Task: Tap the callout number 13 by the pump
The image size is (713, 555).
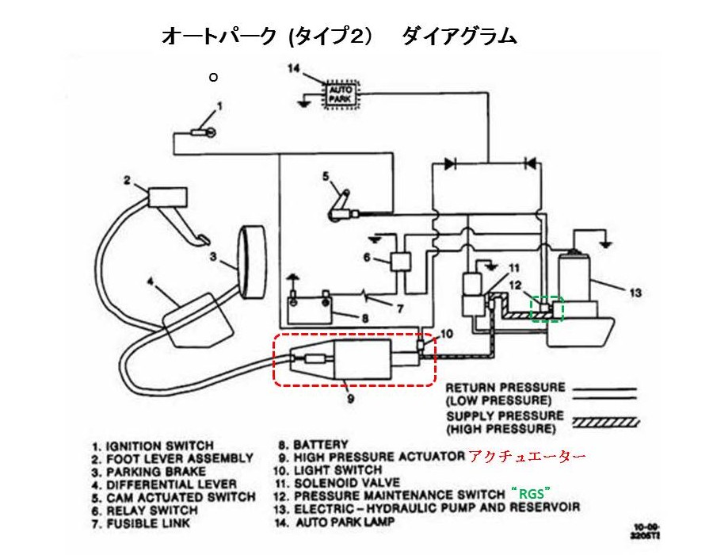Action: click(x=634, y=293)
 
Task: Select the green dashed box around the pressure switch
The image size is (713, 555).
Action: click(x=547, y=309)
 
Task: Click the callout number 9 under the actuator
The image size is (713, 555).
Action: click(x=349, y=400)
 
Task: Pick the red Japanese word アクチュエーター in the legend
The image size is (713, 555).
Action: click(x=526, y=457)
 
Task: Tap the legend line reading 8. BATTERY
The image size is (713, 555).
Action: click(x=312, y=444)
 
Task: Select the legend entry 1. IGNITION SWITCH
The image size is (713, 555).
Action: click(x=152, y=446)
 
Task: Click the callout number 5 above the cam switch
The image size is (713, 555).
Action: click(x=325, y=176)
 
